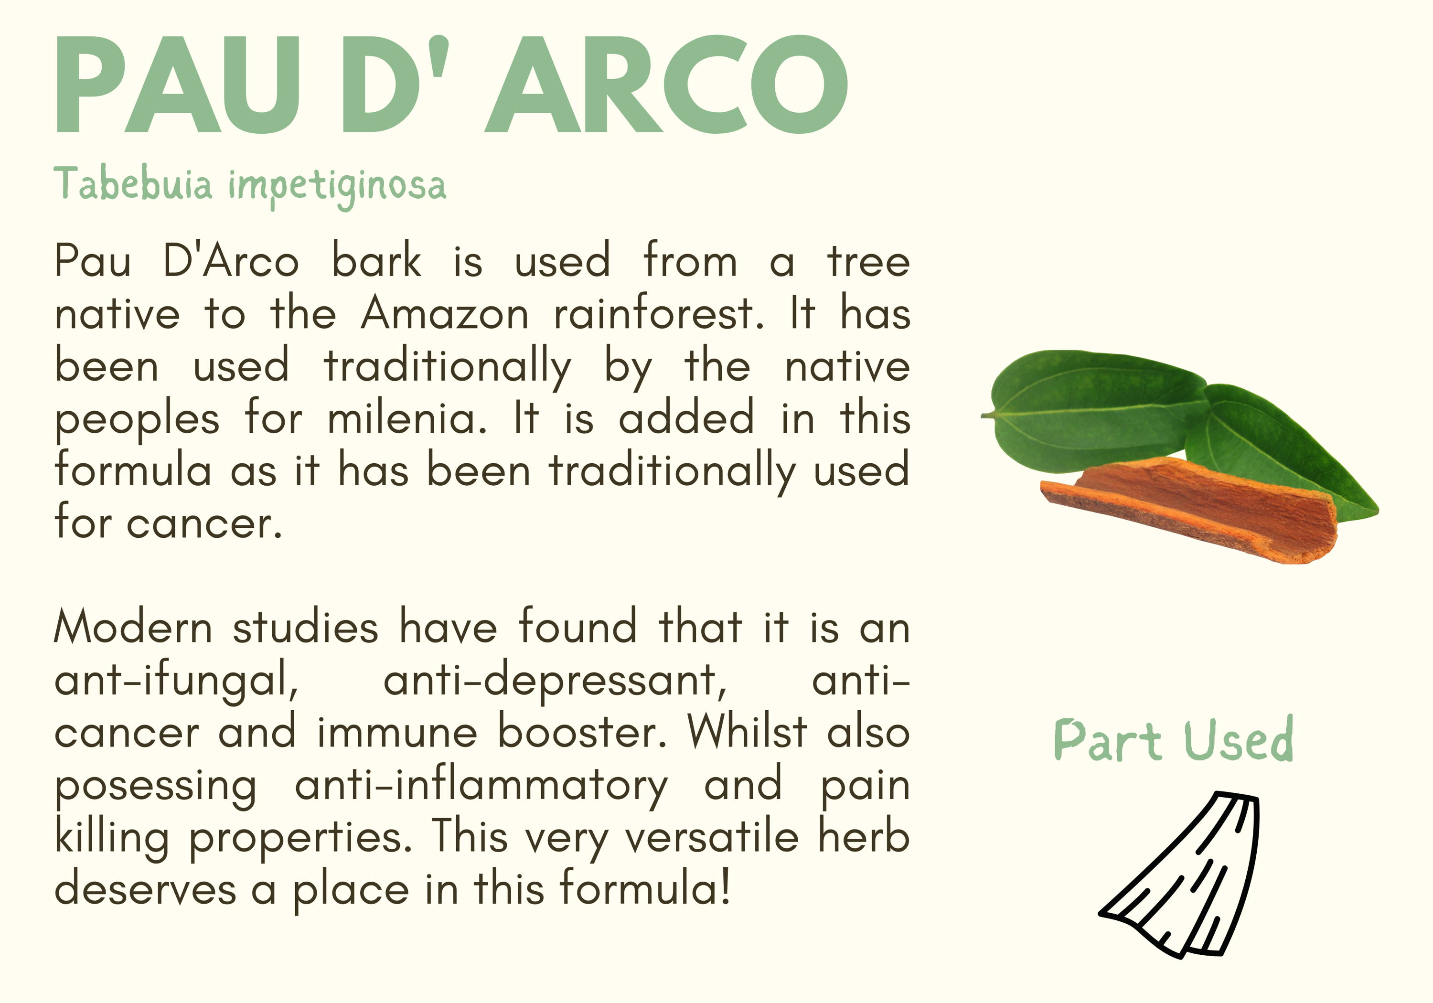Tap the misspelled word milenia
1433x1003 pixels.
tap(407, 417)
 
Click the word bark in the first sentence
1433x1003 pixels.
tap(376, 260)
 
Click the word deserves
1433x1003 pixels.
tap(145, 889)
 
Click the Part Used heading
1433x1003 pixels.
tap(1173, 740)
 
